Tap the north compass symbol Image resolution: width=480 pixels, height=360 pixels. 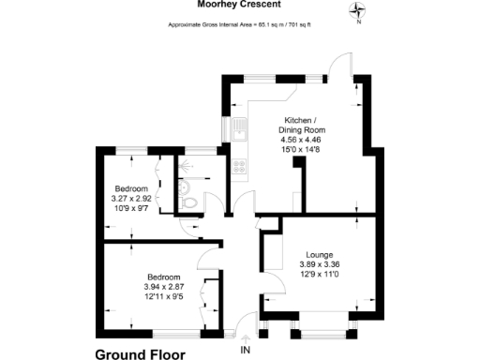pyautogui.click(x=357, y=12)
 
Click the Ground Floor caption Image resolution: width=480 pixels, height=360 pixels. pyautogui.click(x=141, y=354)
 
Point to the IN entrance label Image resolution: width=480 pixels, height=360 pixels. pyautogui.click(x=247, y=350)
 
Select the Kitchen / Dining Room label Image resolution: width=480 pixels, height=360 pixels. pyautogui.click(x=307, y=125)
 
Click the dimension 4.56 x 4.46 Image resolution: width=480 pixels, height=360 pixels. pyautogui.click(x=307, y=140)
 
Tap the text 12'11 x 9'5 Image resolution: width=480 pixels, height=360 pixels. pyautogui.click(x=163, y=297)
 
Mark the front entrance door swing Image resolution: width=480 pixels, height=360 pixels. pyautogui.click(x=242, y=324)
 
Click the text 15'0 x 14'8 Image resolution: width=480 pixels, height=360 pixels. pyautogui.click(x=307, y=150)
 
